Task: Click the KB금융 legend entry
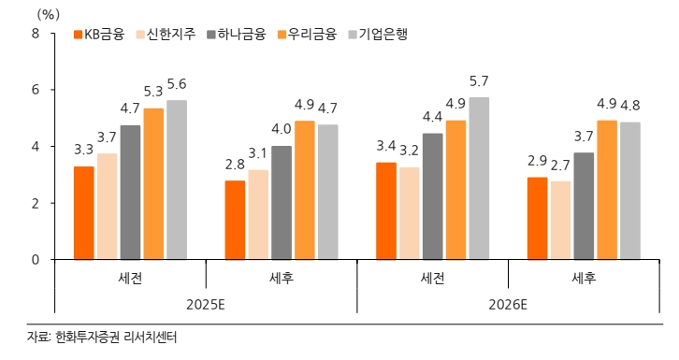pyautogui.click(x=100, y=34)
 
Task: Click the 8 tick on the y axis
pyautogui.click(x=36, y=34)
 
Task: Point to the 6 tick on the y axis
pyautogui.click(x=36, y=90)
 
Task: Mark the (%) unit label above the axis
pyautogui.click(x=46, y=13)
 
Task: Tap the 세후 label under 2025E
pyautogui.click(x=281, y=278)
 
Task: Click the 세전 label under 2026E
pyautogui.click(x=432, y=278)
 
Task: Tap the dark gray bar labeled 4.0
pyautogui.click(x=282, y=202)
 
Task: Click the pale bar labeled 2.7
pyautogui.click(x=561, y=220)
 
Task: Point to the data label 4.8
pyautogui.click(x=630, y=105)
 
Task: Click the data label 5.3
pyautogui.click(x=152, y=92)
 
